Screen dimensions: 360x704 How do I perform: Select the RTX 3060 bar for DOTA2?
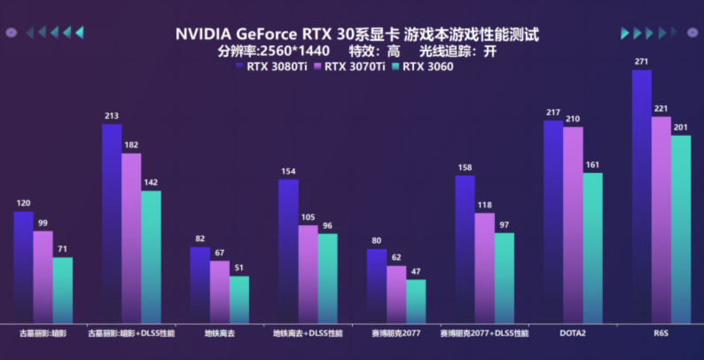tap(592, 248)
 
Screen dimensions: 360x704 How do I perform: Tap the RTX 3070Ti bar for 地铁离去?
tap(220, 292)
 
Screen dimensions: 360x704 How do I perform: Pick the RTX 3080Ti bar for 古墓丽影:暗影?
tap(23, 267)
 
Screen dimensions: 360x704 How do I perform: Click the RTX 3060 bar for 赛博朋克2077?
tap(416, 301)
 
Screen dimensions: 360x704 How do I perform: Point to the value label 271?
tap(642, 62)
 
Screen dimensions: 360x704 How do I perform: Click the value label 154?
tap(288, 171)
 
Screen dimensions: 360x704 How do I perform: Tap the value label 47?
tap(416, 271)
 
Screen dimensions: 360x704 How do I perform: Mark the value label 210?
tap(573, 119)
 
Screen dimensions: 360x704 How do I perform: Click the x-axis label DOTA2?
tap(572, 333)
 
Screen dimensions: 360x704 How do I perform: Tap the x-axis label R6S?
tap(661, 333)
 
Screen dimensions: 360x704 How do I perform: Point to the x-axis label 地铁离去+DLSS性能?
tap(308, 333)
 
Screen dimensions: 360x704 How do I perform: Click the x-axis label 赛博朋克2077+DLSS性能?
tap(484, 333)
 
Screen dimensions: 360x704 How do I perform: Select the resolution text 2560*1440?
tap(293, 51)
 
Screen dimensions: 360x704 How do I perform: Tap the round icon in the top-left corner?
tap(11, 33)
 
